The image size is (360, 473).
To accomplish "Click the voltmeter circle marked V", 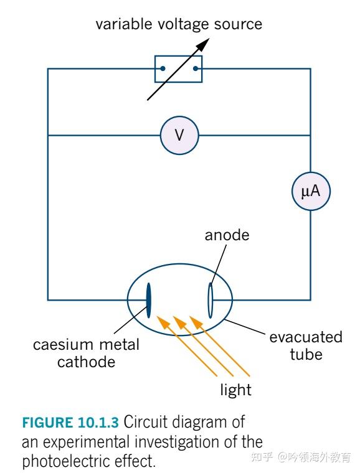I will [179, 135].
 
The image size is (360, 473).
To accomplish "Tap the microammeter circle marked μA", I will [310, 192].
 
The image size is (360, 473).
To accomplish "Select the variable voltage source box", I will [179, 68].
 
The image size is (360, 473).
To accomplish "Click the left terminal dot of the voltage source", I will [162, 68].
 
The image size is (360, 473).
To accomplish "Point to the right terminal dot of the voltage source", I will [196, 68].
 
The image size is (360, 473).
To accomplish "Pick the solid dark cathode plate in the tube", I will [149, 299].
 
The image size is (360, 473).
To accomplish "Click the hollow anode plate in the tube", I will [211, 299].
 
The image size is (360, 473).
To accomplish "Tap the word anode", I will [227, 235].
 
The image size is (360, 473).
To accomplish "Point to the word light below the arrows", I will [236, 390].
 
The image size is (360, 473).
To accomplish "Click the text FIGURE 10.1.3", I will [70, 423].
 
